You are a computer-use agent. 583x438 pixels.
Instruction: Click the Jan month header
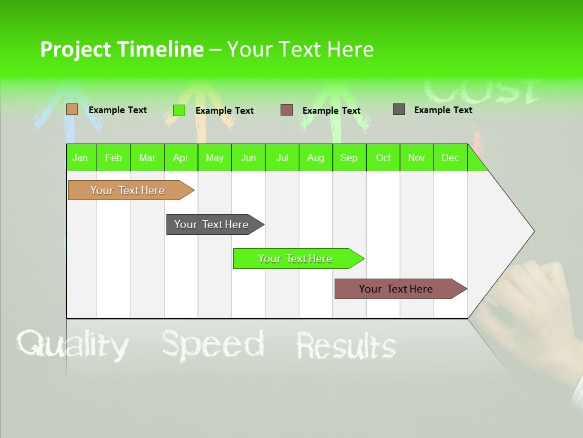[x=81, y=158]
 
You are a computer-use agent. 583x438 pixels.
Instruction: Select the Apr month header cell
[x=181, y=158]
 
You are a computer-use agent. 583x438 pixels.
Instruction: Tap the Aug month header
[x=316, y=158]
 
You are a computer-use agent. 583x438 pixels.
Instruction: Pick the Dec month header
[x=450, y=158]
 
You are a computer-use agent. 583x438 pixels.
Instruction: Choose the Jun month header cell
[x=248, y=158]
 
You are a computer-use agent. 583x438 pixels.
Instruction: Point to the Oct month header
[x=383, y=158]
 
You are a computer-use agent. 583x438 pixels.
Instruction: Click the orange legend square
[x=72, y=109]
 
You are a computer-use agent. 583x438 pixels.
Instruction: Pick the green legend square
[x=179, y=110]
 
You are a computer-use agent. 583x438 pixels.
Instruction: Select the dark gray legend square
[x=399, y=109]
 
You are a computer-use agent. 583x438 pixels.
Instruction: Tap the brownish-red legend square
[x=287, y=110]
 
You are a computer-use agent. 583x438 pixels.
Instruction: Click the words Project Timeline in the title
[x=122, y=49]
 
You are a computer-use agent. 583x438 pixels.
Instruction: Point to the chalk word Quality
[x=73, y=345]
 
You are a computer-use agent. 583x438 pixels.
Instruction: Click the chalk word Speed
[x=213, y=344]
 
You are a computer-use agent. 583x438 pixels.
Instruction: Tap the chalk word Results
[x=346, y=346]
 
